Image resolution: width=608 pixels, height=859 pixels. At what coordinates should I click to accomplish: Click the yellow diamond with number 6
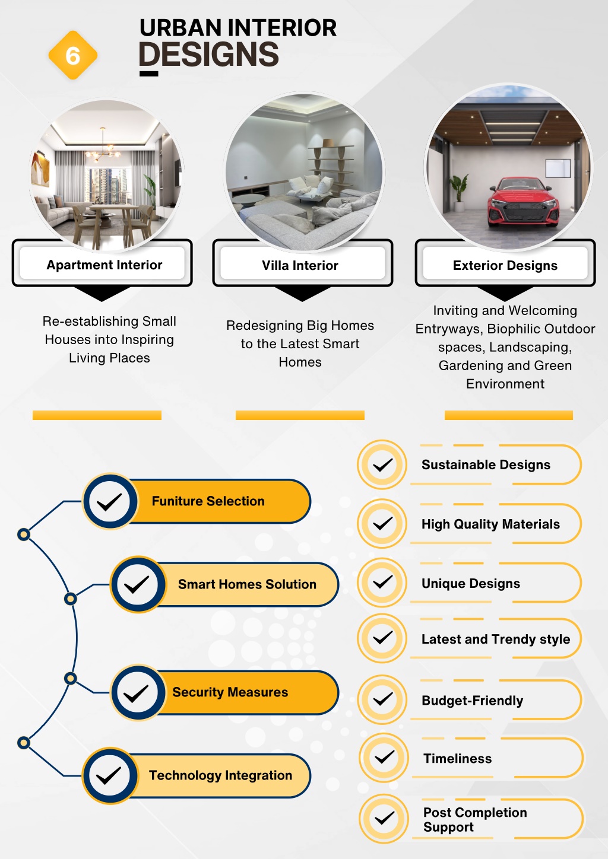pos(72,55)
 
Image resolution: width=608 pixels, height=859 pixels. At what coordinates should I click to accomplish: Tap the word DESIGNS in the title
pos(209,54)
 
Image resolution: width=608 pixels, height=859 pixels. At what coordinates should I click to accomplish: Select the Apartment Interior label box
pos(102,263)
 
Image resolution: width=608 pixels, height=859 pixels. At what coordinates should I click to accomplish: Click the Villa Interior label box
pos(302,263)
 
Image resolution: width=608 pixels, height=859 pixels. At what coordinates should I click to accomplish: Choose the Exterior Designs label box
pos(505,263)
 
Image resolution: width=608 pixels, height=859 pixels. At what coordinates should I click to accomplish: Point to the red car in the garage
pos(523,203)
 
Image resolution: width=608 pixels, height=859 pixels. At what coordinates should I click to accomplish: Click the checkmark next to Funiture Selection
pos(109,502)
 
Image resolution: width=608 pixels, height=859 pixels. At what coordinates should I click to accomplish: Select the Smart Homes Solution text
pos(247,584)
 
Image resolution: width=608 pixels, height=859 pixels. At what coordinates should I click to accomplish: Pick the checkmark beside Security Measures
pos(136,693)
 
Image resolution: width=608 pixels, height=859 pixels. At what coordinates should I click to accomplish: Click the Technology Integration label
pos(221,775)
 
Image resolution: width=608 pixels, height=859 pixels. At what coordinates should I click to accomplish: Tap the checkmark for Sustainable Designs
pos(382,465)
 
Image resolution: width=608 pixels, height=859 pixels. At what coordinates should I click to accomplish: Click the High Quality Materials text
pos(490,524)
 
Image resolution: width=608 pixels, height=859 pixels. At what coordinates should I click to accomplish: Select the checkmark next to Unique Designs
pos(382,583)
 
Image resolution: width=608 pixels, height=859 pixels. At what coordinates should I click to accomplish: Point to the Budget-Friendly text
pos(473,701)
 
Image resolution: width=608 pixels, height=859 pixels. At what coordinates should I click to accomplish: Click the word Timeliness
pos(458,759)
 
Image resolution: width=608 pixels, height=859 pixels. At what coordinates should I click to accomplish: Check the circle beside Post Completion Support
pos(384,819)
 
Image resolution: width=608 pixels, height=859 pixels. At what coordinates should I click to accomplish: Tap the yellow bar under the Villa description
pos(300,415)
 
